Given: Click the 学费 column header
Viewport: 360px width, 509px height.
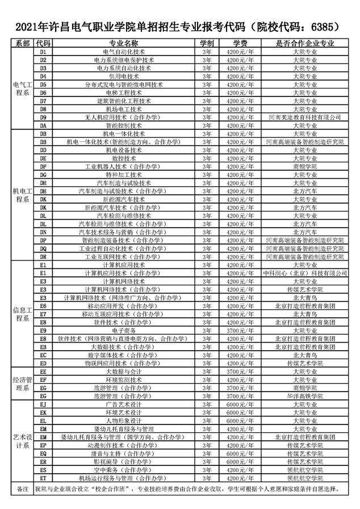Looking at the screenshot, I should [240, 43].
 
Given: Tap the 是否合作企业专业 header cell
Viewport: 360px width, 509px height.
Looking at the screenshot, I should [305, 43].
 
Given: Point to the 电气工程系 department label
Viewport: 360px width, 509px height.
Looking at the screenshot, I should [23, 88].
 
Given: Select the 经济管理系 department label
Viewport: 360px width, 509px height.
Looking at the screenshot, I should [23, 384].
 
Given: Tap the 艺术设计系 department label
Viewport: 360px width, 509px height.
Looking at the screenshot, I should [23, 441].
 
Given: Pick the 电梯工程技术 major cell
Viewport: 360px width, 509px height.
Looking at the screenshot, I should [124, 92].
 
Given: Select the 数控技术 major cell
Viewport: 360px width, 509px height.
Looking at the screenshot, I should [124, 158].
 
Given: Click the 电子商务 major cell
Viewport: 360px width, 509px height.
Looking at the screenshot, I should [124, 330].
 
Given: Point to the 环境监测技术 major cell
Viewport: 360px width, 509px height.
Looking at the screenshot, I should [124, 380].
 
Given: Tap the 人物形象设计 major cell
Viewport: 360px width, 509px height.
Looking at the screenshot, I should [124, 420].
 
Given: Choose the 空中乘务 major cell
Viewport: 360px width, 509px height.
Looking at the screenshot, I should [124, 470].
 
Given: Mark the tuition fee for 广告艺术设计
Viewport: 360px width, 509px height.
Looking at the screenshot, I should [240, 404].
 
